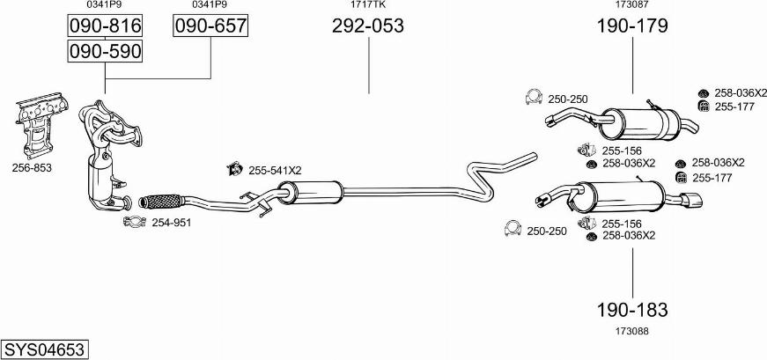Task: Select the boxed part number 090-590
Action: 105,52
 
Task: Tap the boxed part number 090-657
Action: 210,27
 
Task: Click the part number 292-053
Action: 367,26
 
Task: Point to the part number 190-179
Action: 631,26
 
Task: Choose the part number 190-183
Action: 631,309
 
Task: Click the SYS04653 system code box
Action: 44,349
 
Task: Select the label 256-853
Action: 33,167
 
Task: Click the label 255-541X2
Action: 275,170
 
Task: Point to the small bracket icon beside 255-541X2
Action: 235,169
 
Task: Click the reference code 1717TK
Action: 367,5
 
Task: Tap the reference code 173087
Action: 631,5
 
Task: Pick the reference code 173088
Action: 631,330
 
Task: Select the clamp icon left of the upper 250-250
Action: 532,99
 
